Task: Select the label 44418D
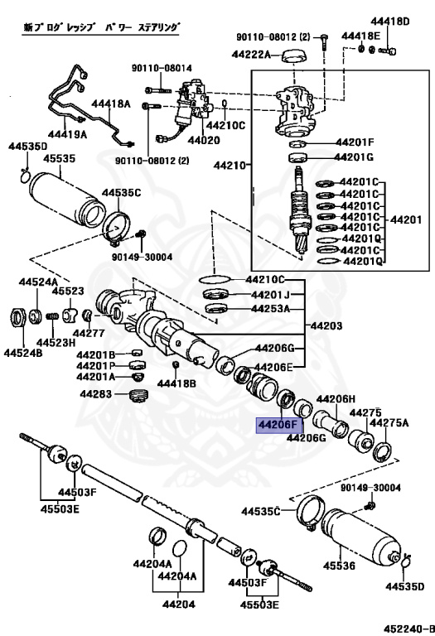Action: [396, 21]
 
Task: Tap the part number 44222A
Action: [254, 55]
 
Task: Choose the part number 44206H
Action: [336, 399]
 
